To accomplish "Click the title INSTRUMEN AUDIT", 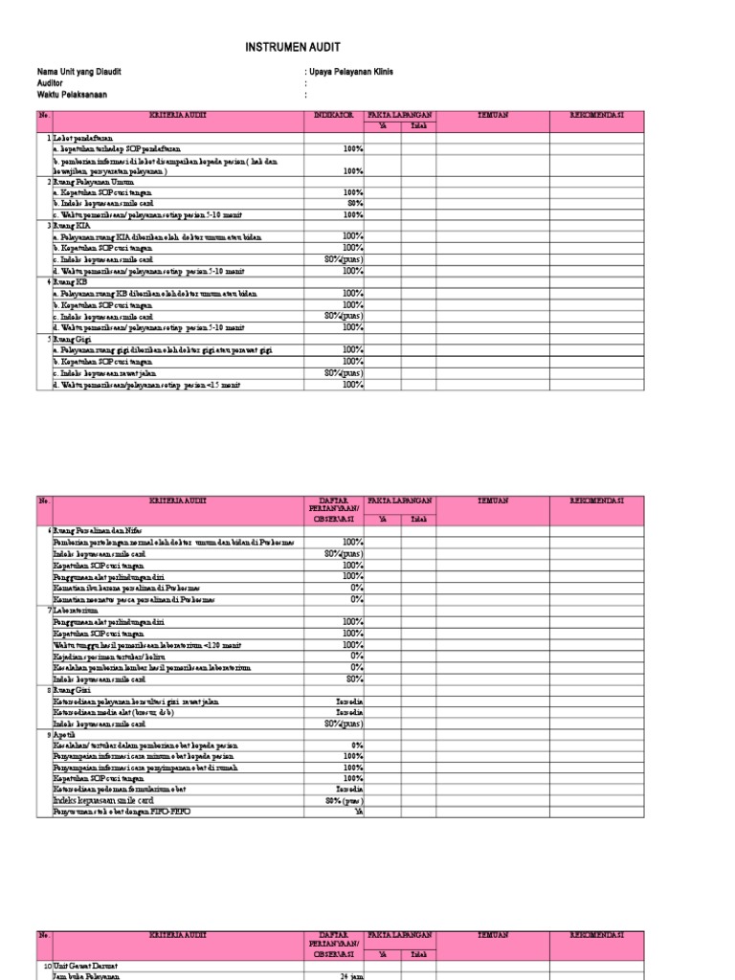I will tap(293, 47).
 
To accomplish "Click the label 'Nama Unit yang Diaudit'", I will tap(79, 72).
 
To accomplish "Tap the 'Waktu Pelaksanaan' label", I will tap(72, 95).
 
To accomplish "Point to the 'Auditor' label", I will tap(52, 83).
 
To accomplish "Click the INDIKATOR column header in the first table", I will tap(335, 116).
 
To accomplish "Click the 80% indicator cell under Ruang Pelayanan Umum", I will tap(355, 203).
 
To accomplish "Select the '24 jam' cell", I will tap(353, 976).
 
